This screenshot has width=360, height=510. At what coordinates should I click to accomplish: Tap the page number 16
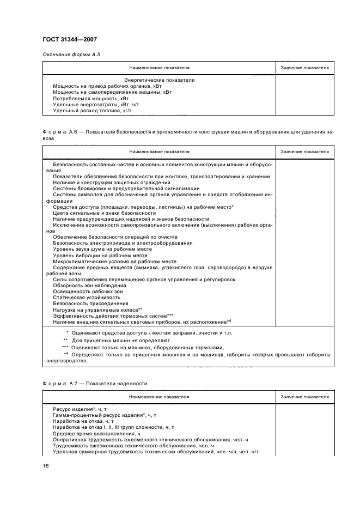tap(46, 465)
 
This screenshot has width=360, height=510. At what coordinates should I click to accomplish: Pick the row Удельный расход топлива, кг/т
tap(92, 111)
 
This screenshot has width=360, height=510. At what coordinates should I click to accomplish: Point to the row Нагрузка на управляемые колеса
tap(97, 309)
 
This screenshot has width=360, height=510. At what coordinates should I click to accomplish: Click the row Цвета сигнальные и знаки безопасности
tap(104, 212)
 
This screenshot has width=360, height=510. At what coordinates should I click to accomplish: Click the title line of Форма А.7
tap(94, 384)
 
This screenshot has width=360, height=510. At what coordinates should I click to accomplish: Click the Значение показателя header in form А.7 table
tap(304, 397)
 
